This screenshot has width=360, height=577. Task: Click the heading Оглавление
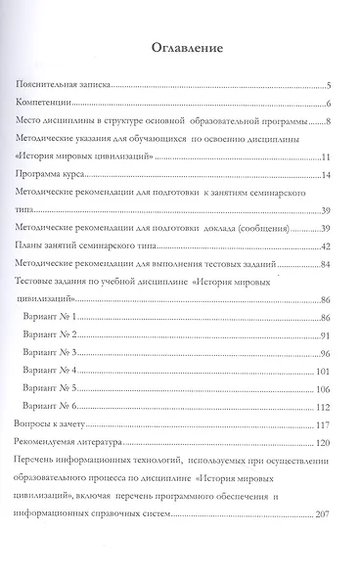pos(180,48)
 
